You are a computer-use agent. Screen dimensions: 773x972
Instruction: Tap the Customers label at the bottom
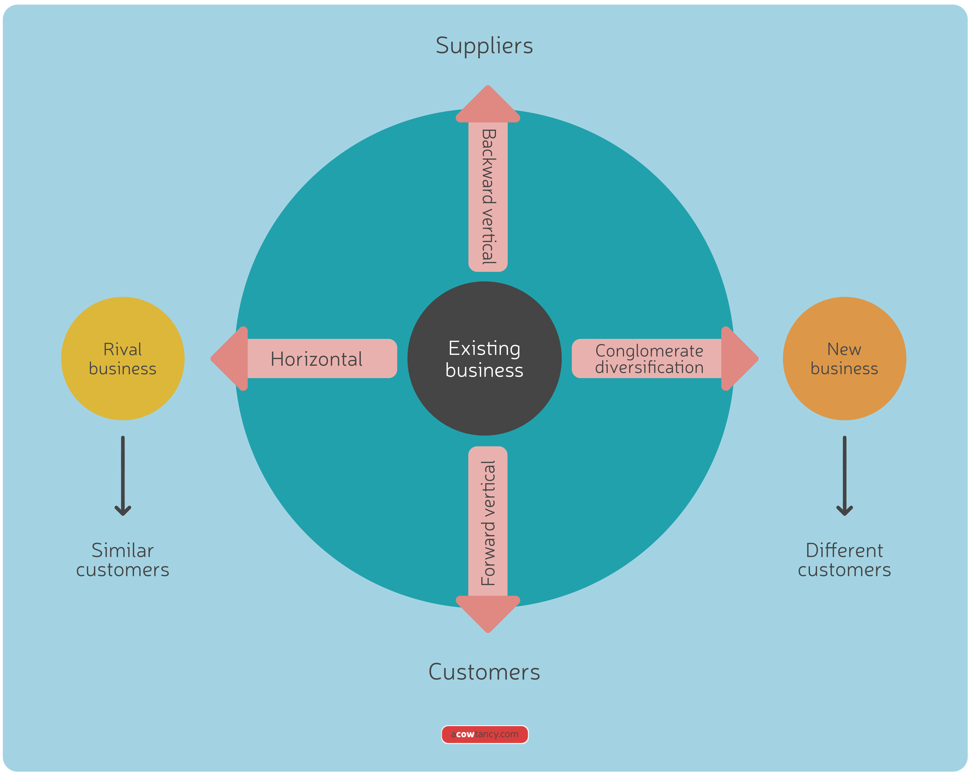484,672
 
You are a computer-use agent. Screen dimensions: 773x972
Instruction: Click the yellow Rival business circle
123,392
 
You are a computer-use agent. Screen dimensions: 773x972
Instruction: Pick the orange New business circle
844,392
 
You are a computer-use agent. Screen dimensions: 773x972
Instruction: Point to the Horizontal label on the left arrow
316,359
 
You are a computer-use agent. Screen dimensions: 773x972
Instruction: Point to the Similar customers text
123,560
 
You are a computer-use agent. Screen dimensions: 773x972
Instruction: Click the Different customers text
844,560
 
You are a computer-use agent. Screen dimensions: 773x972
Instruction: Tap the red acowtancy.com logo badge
485,734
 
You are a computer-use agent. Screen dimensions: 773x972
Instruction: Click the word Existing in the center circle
484,348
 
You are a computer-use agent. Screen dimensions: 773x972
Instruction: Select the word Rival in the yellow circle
123,349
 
